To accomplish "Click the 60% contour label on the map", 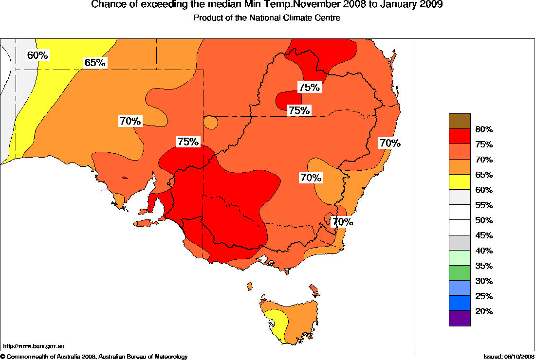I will pyautogui.click(x=37, y=55).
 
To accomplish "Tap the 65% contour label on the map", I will pyautogui.click(x=95, y=63).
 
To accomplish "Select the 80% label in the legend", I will pyautogui.click(x=484, y=129).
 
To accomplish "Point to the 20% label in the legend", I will pyautogui.click(x=484, y=311).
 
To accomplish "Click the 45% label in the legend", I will pyautogui.click(x=484, y=235).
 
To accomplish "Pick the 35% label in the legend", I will pyautogui.click(x=484, y=266).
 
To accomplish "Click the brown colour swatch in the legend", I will pyautogui.click(x=460, y=121).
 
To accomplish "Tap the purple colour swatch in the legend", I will pyautogui.click(x=460, y=318).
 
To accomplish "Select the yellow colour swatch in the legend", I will pyautogui.click(x=460, y=182).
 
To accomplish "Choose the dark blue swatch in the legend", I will pyautogui.click(x=460, y=303).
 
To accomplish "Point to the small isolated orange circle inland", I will pyautogui.click(x=210, y=122).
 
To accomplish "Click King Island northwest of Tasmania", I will pyautogui.click(x=250, y=286).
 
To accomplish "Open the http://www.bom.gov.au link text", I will pyautogui.click(x=34, y=346).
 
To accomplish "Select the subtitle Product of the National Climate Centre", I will pyautogui.click(x=267, y=18).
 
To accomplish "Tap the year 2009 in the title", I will pyautogui.click(x=432, y=5).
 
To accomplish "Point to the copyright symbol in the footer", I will pyautogui.click(x=3, y=357).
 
